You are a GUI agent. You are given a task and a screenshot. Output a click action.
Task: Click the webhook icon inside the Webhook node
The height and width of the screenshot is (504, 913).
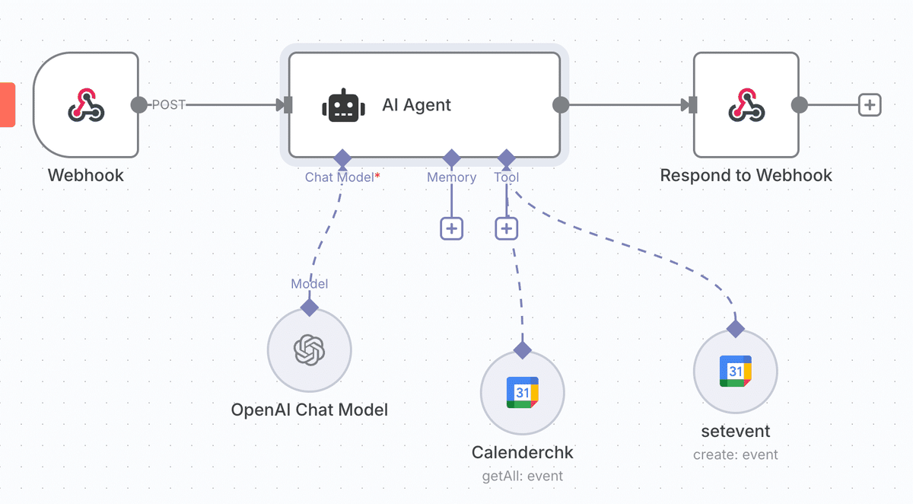tap(86, 105)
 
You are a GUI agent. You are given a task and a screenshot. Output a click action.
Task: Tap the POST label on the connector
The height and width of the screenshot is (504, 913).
tap(169, 105)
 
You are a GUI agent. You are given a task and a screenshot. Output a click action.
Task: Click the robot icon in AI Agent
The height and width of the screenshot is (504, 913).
tap(344, 105)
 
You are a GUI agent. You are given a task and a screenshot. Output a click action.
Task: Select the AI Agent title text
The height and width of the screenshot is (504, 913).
tap(416, 105)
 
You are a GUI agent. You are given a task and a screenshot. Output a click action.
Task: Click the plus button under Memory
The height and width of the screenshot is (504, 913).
tap(452, 228)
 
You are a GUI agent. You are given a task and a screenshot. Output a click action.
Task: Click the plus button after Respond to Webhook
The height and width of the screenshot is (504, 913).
tap(870, 105)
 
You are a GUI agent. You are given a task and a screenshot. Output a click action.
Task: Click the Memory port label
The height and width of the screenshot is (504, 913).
tap(452, 177)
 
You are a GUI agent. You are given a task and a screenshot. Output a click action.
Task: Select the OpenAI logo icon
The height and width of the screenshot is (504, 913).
tap(310, 350)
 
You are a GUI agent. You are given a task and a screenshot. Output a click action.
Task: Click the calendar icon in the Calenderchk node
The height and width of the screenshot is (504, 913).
tap(523, 392)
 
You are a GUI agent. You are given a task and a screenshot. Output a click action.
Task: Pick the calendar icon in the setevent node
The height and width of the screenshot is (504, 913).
tap(736, 371)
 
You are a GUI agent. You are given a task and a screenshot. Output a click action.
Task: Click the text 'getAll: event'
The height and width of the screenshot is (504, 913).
tap(523, 476)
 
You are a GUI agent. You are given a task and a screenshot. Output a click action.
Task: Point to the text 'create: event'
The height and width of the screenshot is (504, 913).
tap(736, 455)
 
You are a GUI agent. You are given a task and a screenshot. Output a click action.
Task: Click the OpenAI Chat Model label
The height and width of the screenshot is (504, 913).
tap(310, 410)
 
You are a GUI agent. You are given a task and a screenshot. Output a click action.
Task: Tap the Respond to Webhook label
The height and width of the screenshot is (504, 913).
tap(746, 175)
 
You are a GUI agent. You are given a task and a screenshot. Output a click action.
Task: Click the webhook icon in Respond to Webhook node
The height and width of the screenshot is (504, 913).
tap(746, 105)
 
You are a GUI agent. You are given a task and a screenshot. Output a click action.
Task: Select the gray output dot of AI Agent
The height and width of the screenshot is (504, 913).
tap(561, 105)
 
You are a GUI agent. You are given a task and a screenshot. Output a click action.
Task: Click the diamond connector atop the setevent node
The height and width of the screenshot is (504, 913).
tap(736, 329)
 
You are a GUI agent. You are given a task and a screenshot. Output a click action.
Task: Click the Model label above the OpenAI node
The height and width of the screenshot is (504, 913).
tap(310, 283)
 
